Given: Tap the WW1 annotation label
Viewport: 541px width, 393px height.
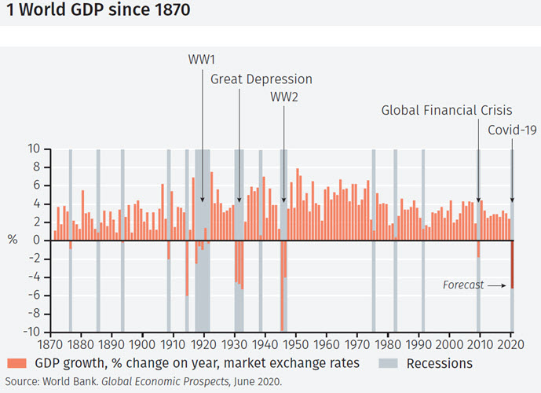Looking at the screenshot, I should click(x=202, y=60).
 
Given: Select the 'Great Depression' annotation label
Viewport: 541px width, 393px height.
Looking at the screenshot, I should click(x=261, y=79).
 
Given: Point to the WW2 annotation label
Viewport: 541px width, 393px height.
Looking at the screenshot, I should click(x=284, y=97).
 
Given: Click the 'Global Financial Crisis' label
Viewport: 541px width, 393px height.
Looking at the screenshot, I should click(x=447, y=110).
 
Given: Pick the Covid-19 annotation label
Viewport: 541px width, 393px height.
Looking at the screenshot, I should click(x=512, y=130).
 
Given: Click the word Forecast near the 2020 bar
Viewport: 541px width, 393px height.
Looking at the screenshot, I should click(x=463, y=285).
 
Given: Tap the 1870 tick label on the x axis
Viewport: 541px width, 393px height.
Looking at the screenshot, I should click(x=49, y=343).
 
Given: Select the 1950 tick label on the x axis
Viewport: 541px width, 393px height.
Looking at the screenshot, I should click(x=296, y=343).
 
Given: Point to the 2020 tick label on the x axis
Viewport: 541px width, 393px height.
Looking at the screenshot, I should click(x=511, y=343).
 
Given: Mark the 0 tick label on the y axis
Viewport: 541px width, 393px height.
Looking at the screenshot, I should click(x=37, y=241).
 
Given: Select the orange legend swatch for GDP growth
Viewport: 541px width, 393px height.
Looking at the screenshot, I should click(x=16, y=363).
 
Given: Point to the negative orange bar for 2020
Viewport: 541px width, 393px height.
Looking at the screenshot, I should click(x=512, y=264).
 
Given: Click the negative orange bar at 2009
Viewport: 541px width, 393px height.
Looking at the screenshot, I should click(x=478, y=248).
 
